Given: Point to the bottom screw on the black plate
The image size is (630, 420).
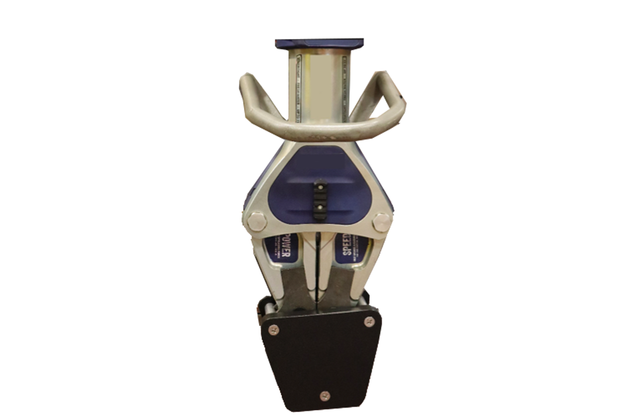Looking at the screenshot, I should click(325, 395).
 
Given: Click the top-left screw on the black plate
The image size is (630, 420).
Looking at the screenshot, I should click(273, 329).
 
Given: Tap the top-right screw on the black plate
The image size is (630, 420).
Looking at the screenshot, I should click(370, 321).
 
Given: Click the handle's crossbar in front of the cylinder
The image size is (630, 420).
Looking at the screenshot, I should click(320, 131).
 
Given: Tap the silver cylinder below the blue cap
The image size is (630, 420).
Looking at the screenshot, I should click(319, 84).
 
